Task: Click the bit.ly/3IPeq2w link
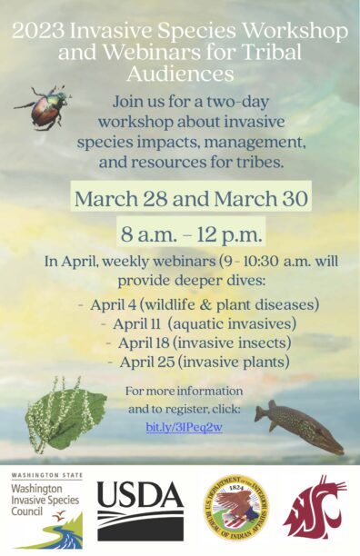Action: tap(185, 427)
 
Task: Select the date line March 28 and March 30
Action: tap(192, 198)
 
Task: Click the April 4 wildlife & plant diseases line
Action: tap(199, 303)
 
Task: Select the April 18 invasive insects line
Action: tap(198, 343)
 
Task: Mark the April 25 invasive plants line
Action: tap(198, 362)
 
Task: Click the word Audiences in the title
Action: tap(179, 73)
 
